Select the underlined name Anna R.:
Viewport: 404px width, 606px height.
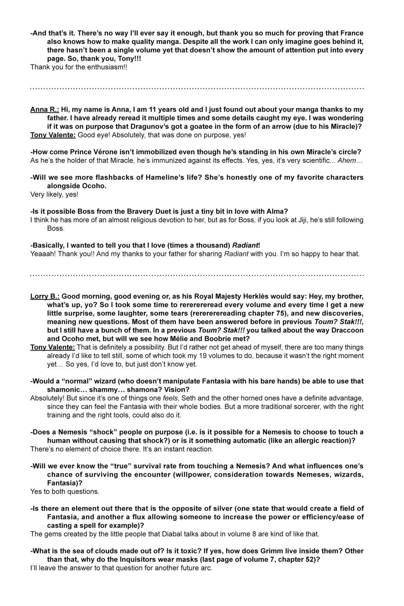44,109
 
